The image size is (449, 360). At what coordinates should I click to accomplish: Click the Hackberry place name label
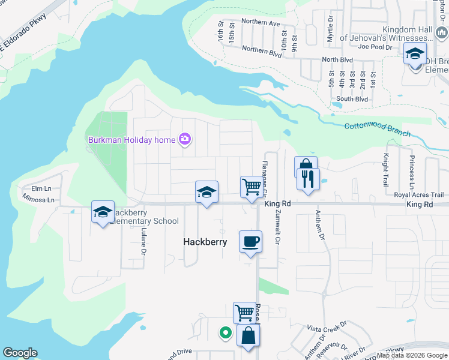[205, 242]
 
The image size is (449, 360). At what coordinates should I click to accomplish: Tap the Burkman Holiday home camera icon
[185, 140]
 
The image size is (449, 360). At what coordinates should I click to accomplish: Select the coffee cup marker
[250, 242]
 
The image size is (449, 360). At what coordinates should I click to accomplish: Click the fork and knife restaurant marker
[308, 179]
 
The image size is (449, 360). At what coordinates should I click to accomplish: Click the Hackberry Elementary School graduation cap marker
[103, 212]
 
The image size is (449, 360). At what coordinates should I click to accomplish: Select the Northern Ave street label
[261, 23]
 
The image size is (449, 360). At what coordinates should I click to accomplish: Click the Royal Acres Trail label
[418, 195]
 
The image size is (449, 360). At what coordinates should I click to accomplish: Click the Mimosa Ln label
[38, 200]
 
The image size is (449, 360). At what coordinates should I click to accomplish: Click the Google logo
[20, 353]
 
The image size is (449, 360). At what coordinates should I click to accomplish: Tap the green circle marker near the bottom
[225, 332]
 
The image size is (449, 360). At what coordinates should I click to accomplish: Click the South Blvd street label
[352, 99]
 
